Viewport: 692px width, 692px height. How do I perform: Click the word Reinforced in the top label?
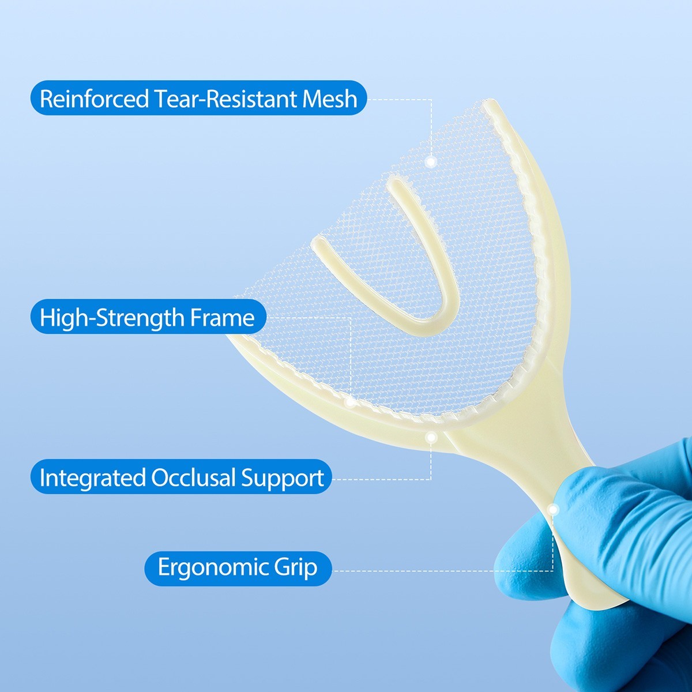(94, 99)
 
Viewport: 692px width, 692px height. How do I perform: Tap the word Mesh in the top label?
(330, 99)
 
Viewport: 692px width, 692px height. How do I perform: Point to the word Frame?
(229, 318)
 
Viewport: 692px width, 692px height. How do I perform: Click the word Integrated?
(92, 478)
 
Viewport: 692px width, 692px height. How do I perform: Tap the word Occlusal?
(194, 478)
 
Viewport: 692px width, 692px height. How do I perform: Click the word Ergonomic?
(204, 567)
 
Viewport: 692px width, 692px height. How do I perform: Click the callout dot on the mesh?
(430, 162)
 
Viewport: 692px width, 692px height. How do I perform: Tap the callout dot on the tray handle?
(553, 510)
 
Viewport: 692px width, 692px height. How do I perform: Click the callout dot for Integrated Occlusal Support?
(430, 438)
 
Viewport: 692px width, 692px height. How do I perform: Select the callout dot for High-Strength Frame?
(350, 401)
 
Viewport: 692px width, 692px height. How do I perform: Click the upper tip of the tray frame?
(490, 107)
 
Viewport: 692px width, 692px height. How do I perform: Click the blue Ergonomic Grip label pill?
(238, 568)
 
